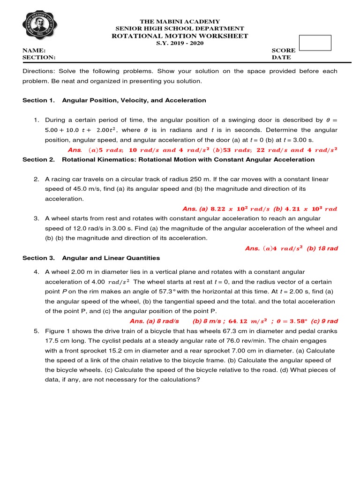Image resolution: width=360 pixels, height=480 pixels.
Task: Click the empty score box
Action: tap(315, 43)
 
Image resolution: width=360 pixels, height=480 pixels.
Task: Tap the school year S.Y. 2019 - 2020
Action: tap(180, 43)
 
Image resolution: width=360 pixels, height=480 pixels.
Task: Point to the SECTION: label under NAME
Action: tap(39, 57)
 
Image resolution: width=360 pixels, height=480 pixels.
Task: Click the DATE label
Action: tap(281, 57)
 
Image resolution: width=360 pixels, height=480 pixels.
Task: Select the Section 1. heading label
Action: tap(38, 100)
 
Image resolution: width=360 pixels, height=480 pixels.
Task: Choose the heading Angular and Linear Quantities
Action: tap(111, 258)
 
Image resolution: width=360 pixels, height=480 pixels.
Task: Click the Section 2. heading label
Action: tap(38, 159)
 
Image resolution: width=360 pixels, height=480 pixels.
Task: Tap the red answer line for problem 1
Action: tap(202, 150)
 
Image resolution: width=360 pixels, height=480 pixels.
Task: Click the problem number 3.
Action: tap(36, 218)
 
